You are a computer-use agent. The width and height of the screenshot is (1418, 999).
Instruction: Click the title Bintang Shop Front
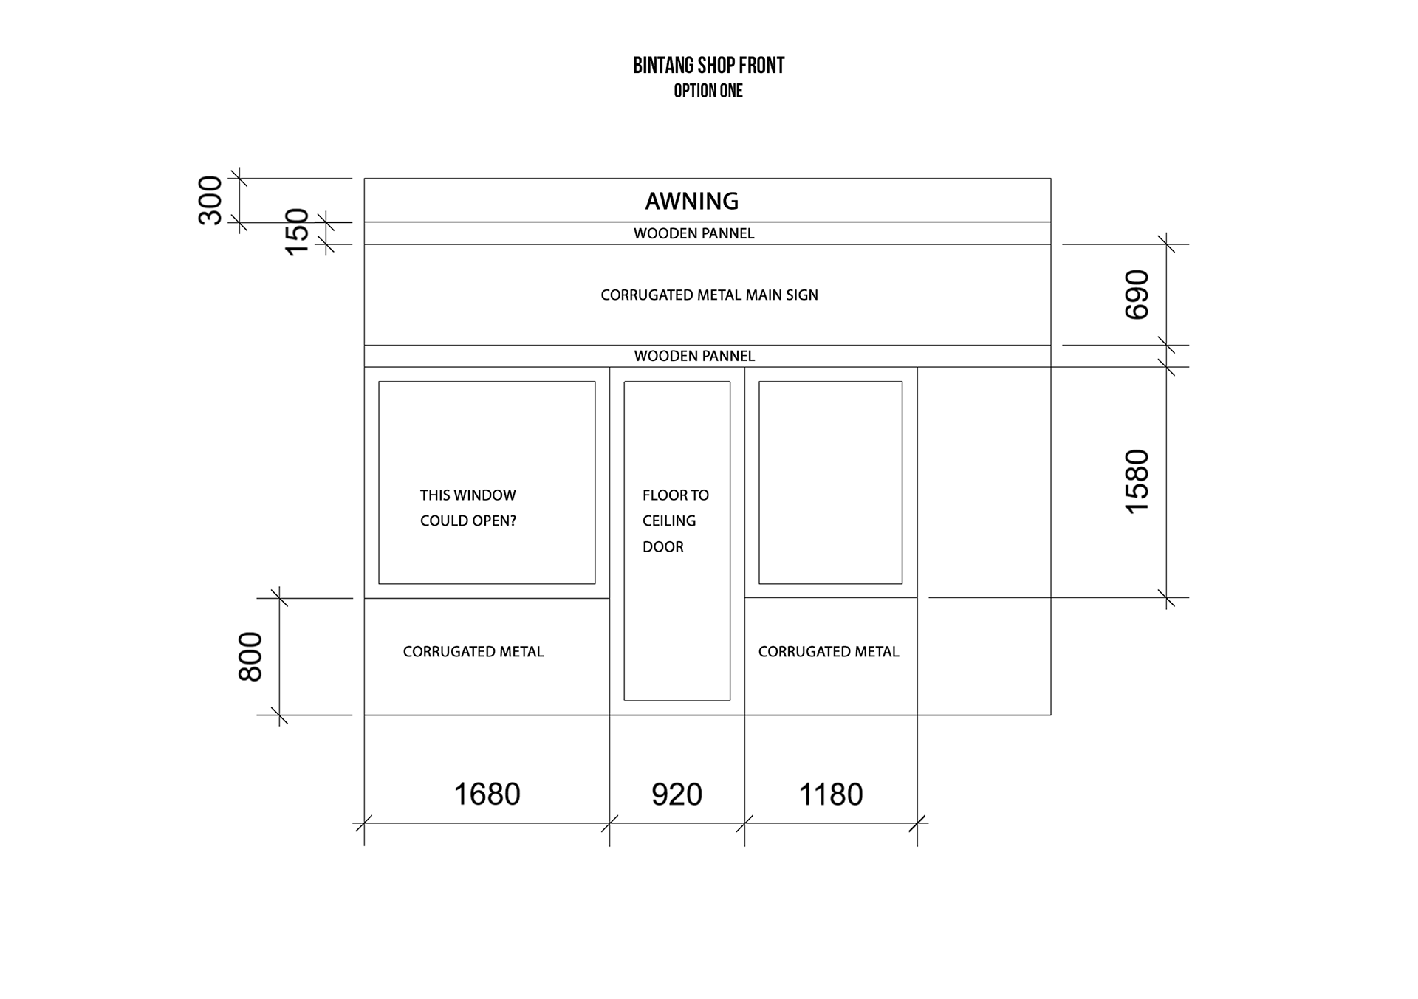(x=708, y=66)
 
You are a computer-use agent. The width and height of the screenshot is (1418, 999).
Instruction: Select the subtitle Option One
(x=708, y=91)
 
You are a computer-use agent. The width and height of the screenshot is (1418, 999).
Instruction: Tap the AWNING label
(x=692, y=201)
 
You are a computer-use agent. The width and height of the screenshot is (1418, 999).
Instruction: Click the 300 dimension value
(x=210, y=200)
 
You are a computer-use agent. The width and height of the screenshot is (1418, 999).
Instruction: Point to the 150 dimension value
(x=297, y=232)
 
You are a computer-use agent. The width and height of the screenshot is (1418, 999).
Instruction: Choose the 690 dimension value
(x=1137, y=295)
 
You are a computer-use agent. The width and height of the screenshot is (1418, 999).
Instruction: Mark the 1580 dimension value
(x=1137, y=481)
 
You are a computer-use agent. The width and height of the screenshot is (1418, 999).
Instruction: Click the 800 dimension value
(x=251, y=656)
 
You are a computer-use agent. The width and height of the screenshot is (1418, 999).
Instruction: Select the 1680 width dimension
(x=487, y=794)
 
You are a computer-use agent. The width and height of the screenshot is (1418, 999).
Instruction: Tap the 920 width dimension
(x=677, y=794)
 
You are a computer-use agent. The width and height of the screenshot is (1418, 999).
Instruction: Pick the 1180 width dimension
(x=831, y=794)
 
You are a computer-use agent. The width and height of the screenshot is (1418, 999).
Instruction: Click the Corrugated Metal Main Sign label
(x=709, y=295)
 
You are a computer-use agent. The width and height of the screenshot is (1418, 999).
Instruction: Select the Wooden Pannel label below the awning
(x=694, y=233)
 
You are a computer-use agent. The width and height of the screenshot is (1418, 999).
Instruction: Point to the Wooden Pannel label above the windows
(x=694, y=356)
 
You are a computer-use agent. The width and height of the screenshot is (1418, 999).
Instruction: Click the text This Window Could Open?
(x=468, y=508)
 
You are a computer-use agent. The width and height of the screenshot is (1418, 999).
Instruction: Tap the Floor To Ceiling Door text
(x=675, y=521)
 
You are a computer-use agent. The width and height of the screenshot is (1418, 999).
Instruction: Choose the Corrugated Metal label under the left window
(x=473, y=652)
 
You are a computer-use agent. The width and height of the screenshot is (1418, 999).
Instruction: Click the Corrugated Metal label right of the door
(x=829, y=652)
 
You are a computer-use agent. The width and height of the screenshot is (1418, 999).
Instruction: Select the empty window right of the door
(x=831, y=482)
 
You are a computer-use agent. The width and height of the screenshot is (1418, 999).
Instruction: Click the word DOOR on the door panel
(x=663, y=547)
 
